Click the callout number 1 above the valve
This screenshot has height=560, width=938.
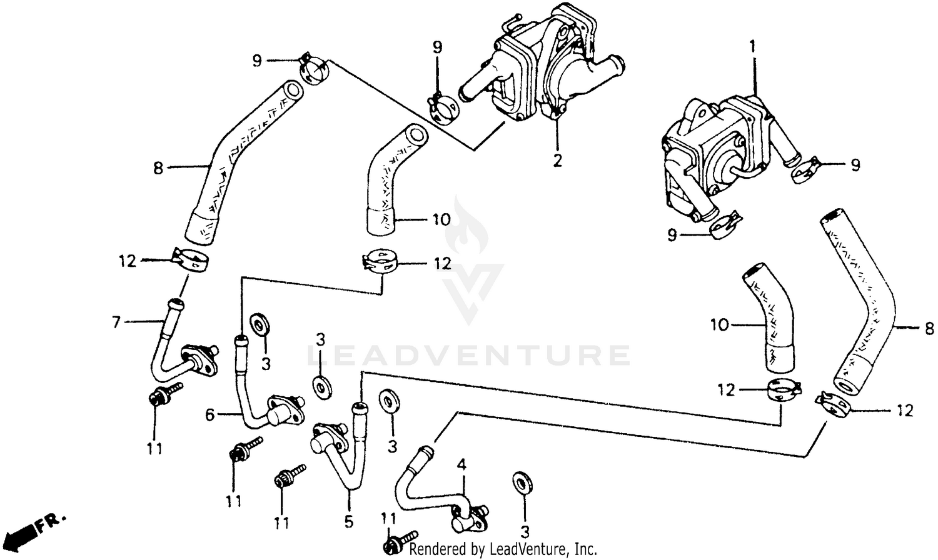[753, 46]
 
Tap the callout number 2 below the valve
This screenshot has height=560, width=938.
[557, 160]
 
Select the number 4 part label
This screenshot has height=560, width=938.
[461, 464]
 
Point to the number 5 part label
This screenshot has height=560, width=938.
[348, 521]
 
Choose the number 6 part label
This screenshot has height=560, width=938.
[210, 414]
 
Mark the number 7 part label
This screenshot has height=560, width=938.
[116, 322]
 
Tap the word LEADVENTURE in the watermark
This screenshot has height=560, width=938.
[469, 355]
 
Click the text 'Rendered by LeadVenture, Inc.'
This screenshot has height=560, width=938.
[503, 549]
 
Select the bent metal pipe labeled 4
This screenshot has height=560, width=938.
[425, 487]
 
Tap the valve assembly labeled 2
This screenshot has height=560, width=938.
[544, 69]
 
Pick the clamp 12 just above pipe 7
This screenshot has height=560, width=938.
[189, 260]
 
